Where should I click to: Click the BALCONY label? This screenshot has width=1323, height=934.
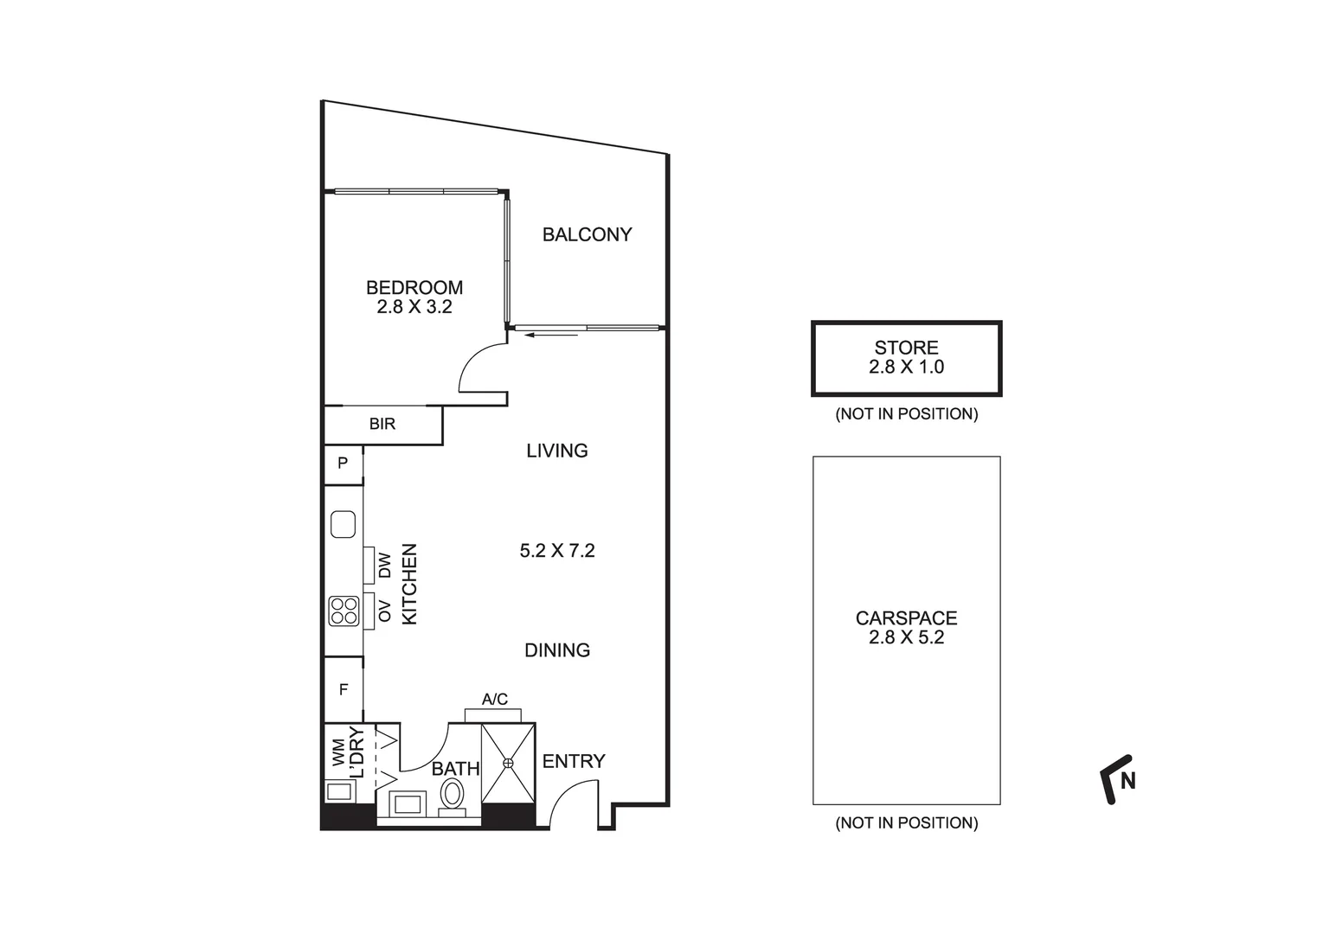point(587,234)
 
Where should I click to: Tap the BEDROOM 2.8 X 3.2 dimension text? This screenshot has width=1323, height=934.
point(414,306)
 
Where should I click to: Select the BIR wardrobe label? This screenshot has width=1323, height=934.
point(382,424)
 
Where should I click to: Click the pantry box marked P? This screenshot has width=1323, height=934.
point(343,464)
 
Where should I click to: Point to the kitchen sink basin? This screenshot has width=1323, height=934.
point(344,524)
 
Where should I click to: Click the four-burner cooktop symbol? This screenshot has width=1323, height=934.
point(344,611)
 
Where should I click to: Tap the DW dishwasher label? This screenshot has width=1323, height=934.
point(385,566)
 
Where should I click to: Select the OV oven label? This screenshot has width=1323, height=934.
point(385,611)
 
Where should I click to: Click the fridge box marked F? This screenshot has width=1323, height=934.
point(344,689)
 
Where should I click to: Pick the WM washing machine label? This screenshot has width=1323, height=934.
point(337,752)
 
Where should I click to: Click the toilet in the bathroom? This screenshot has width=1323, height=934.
point(452,793)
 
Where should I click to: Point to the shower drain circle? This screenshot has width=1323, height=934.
point(508,762)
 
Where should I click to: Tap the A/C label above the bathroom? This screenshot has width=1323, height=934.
point(495,699)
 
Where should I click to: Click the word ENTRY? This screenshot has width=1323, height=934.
point(574,761)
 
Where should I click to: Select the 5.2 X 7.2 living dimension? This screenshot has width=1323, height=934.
point(557,550)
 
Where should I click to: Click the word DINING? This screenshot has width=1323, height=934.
point(557,649)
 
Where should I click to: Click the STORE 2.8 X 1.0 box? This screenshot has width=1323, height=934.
point(906,358)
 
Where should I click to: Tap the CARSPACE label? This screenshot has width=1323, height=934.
point(906,618)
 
